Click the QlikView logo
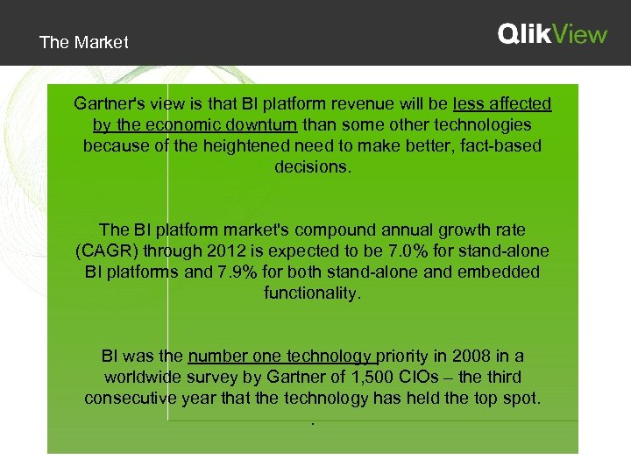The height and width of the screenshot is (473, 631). coord(552,34)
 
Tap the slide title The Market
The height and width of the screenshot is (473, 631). coord(84,42)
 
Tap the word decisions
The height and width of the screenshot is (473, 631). coord(312,166)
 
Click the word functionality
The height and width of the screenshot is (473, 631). coord(312,293)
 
